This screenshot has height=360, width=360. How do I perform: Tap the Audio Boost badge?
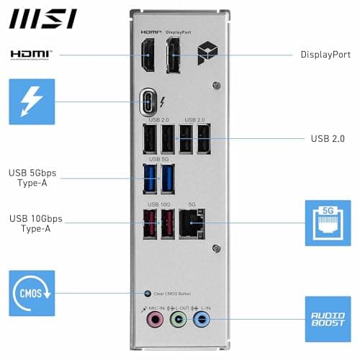click(x=328, y=318)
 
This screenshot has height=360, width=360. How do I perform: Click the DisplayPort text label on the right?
click(x=325, y=55)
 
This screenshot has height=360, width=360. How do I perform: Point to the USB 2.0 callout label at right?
click(x=328, y=138)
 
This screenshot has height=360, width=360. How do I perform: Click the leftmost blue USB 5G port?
click(x=150, y=178)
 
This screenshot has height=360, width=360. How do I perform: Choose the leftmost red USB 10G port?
click(x=150, y=225)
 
